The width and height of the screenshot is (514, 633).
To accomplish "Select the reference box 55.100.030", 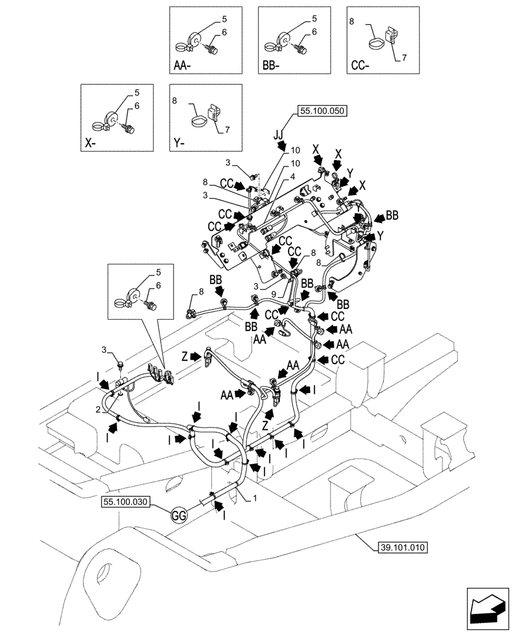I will pos(124,501).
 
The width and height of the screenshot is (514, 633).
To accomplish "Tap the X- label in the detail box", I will pos(91,143).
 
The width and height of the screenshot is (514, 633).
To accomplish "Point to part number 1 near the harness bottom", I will pos(255,499).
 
